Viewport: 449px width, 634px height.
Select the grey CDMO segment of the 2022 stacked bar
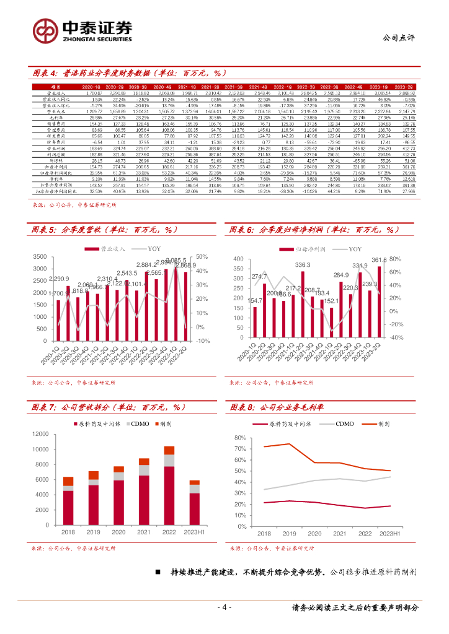click(169, 459)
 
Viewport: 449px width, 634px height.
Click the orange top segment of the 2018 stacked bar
click(68, 481)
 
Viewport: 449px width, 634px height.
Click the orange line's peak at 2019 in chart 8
click(289, 443)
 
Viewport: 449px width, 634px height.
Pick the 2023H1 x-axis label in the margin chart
click(389, 532)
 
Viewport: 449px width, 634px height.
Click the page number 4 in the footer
click(225, 607)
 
